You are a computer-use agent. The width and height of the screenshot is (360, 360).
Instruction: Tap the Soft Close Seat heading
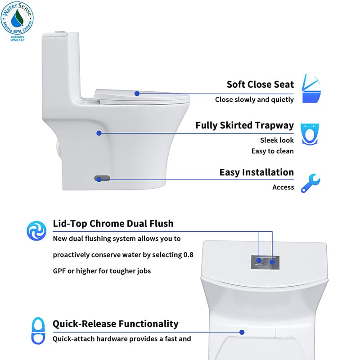[260, 84]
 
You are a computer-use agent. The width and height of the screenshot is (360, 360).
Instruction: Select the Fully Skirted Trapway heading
[244, 125]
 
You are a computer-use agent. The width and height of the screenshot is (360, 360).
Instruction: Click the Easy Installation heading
[256, 172]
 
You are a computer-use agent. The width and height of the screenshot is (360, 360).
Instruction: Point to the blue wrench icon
[310, 183]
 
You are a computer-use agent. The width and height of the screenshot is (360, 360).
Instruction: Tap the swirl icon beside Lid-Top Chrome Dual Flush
[36, 230]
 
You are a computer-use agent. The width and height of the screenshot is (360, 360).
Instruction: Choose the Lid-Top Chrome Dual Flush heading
[113, 223]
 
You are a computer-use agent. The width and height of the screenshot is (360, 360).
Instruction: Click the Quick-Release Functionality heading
[116, 324]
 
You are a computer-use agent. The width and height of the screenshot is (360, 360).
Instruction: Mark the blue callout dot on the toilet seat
[137, 94]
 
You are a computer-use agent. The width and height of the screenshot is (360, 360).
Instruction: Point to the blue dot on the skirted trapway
[99, 133]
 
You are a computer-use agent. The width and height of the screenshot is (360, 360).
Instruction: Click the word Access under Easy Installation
[283, 187]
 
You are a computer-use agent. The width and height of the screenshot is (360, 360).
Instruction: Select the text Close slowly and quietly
[254, 99]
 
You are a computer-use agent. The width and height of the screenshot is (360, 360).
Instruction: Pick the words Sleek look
[277, 140]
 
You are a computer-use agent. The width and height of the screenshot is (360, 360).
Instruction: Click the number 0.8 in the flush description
[189, 255]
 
